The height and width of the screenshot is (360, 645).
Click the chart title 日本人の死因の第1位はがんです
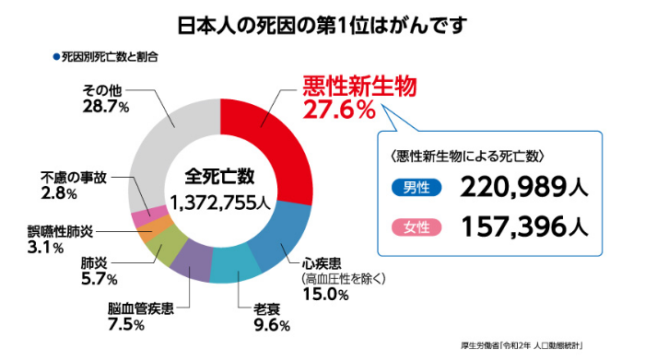coord(322,22)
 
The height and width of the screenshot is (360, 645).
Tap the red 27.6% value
coord(339,110)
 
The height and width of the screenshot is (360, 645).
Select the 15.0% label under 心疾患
coord(325,296)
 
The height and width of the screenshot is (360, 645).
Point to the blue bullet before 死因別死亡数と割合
coord(55,56)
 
